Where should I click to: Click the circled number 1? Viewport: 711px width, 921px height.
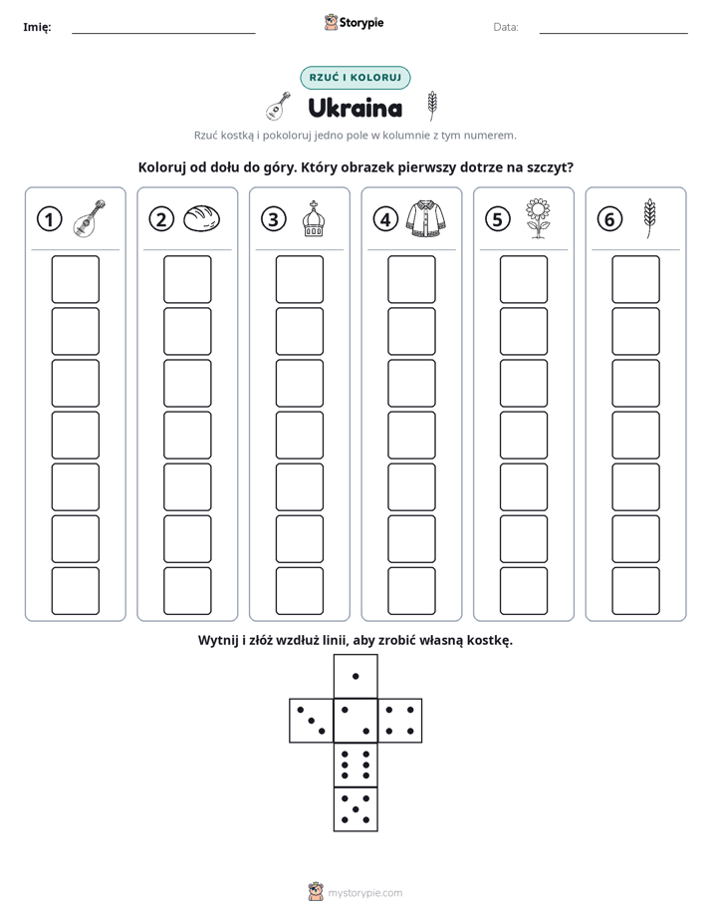49,219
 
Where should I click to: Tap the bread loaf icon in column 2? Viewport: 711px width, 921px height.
202,218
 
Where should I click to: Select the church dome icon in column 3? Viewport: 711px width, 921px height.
314,218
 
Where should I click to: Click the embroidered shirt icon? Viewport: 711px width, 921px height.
426,218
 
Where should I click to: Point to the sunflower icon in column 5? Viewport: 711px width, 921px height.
538,218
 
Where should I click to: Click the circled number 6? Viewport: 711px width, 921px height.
609,219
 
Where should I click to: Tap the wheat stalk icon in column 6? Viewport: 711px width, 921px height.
649,218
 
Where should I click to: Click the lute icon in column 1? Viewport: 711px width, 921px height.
90,218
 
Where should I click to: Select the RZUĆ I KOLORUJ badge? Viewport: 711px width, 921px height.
355,78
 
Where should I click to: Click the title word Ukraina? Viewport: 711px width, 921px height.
355,108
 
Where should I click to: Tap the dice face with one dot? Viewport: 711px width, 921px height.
355,676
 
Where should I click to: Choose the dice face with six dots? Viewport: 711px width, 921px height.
355,765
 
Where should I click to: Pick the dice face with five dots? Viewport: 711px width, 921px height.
355,808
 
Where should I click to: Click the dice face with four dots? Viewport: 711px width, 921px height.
400,720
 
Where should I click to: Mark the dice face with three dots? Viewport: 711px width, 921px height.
312,720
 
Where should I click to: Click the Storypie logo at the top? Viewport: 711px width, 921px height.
354,23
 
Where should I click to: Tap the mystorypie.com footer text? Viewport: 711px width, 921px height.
364,893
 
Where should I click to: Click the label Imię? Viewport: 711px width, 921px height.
37,27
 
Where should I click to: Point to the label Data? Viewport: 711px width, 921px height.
506,27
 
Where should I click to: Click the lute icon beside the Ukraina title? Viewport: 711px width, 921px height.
278,107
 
